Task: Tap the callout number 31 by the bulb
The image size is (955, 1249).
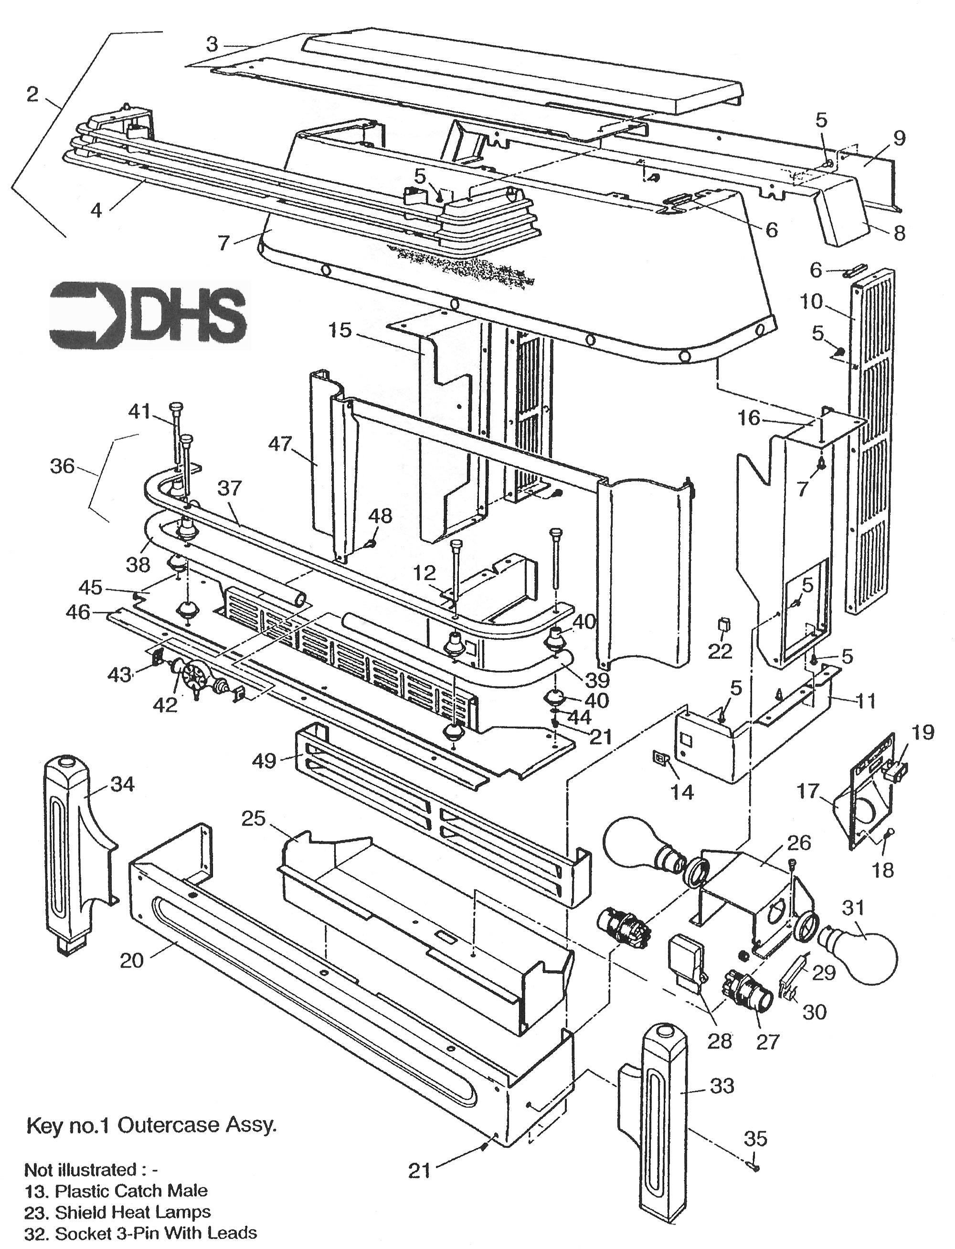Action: coord(852,908)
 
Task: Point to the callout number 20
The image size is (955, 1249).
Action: coord(131,960)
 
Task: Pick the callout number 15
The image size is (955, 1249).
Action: coord(340,330)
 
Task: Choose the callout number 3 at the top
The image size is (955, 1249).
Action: coord(212,44)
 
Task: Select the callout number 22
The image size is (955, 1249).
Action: coord(720,652)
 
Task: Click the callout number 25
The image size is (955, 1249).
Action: coord(254,819)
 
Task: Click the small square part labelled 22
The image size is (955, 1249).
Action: coord(724,625)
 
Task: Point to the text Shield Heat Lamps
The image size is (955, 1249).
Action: coord(132,1212)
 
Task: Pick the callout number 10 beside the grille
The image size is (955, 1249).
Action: coord(811,302)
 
